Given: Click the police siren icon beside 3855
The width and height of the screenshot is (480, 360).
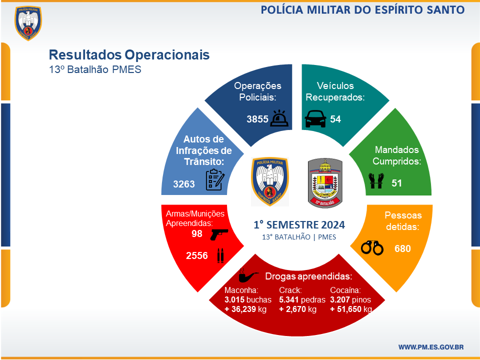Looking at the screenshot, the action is [x=279, y=118].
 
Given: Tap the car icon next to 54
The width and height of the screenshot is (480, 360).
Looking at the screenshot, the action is [x=315, y=119].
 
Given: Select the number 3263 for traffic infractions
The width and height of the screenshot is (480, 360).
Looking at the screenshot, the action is [x=184, y=184].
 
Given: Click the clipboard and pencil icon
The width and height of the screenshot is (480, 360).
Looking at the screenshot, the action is [x=215, y=179].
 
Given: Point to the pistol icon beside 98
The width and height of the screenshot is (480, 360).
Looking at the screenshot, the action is [x=219, y=234].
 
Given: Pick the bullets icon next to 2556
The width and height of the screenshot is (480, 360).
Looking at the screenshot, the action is [x=220, y=255].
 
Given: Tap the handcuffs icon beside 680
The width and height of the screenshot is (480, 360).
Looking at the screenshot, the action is [x=372, y=247].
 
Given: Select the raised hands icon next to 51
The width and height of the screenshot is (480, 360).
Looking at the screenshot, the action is [x=376, y=181].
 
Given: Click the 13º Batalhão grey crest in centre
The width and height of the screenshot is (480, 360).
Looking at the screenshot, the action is [x=325, y=183].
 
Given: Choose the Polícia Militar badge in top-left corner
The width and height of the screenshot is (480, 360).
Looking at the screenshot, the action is [x=28, y=23].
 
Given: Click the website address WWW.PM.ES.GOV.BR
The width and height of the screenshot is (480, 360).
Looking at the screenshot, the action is [x=431, y=347].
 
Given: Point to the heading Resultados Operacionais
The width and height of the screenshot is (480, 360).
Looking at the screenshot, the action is [x=129, y=55].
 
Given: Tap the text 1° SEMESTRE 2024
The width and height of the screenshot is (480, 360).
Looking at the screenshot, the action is [x=299, y=225].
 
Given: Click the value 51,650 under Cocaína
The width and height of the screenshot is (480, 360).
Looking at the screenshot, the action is [x=349, y=309].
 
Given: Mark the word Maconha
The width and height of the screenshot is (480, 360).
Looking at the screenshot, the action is [x=241, y=290].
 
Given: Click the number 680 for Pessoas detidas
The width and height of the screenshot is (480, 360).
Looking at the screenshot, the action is [x=402, y=248].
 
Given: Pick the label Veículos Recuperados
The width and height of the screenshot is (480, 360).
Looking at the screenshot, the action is [x=335, y=91].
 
